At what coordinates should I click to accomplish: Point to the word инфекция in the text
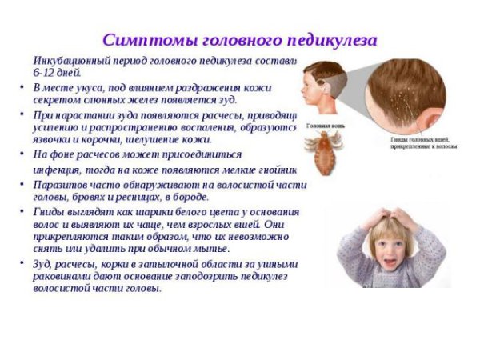tap(60, 170)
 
